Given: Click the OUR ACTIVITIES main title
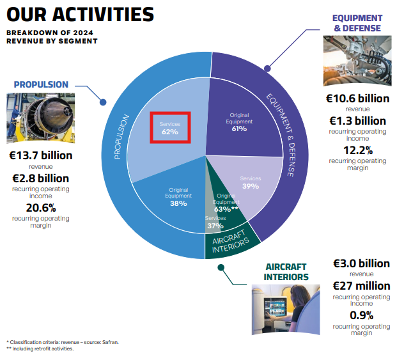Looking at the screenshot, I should point(79,15).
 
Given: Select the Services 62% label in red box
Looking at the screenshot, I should point(170,128).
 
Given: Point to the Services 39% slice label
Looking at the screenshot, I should point(250,182).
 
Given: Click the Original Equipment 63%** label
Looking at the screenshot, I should point(226,202).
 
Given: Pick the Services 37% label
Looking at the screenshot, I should point(215,223).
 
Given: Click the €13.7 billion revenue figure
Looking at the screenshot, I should point(40,155).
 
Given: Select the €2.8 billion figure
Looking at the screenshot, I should point(40,178).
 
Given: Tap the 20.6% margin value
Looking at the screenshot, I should point(40,208).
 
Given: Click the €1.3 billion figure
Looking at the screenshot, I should point(357,121).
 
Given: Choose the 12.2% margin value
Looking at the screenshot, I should point(357,150).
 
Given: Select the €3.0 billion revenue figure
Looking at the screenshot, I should point(361,263).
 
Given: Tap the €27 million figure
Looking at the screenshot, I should point(361,286).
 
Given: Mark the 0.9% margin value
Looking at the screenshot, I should point(361,315).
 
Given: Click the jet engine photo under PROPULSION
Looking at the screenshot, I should point(40,117).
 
